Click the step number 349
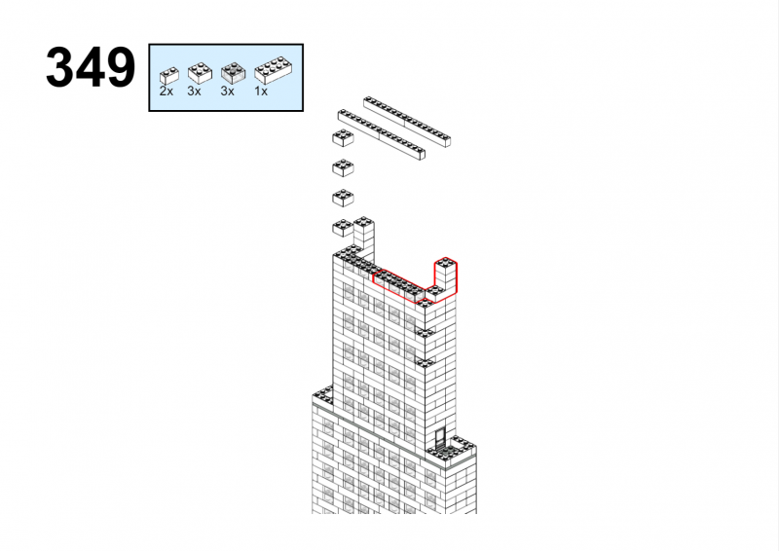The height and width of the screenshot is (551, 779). [91, 67]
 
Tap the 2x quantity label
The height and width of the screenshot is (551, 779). [166, 92]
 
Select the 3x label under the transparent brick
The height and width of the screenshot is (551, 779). [227, 92]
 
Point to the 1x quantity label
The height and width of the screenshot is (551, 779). [261, 92]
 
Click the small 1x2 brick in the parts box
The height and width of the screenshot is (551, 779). [168, 76]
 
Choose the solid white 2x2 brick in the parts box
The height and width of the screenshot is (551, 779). [200, 73]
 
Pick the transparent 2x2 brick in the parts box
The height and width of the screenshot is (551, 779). [233, 73]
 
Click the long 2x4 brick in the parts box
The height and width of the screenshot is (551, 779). [273, 70]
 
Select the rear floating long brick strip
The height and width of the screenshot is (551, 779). [407, 122]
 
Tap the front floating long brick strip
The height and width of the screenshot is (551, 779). [382, 134]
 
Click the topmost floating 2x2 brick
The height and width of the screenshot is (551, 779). [343, 137]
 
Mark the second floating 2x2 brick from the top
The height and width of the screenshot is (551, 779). [343, 167]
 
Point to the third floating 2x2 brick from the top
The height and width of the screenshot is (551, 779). [343, 198]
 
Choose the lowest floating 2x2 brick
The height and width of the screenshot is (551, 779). [343, 228]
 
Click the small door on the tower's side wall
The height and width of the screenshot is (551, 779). [440, 438]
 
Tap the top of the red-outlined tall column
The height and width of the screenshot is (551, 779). [446, 263]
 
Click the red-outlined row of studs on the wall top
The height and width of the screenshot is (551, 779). [399, 285]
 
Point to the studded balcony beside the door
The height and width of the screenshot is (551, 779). [451, 450]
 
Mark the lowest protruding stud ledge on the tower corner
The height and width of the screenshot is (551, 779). [425, 362]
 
